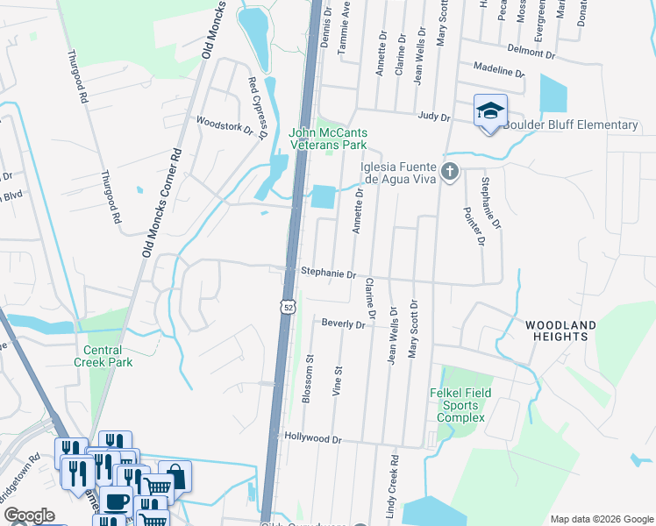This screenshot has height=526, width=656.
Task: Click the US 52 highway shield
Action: (288, 307)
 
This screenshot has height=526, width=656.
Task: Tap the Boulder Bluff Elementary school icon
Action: (490, 111)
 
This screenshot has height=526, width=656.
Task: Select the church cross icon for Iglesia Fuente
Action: (450, 171)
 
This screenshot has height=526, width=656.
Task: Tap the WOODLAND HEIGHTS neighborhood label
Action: (560, 331)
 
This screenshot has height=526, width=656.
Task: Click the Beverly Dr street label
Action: (343, 324)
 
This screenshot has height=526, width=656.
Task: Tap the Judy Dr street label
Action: (434, 116)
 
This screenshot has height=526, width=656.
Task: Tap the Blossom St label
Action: (308, 379)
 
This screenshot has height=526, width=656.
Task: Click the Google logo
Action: (30, 515)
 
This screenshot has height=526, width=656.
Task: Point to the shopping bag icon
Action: (175, 476)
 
